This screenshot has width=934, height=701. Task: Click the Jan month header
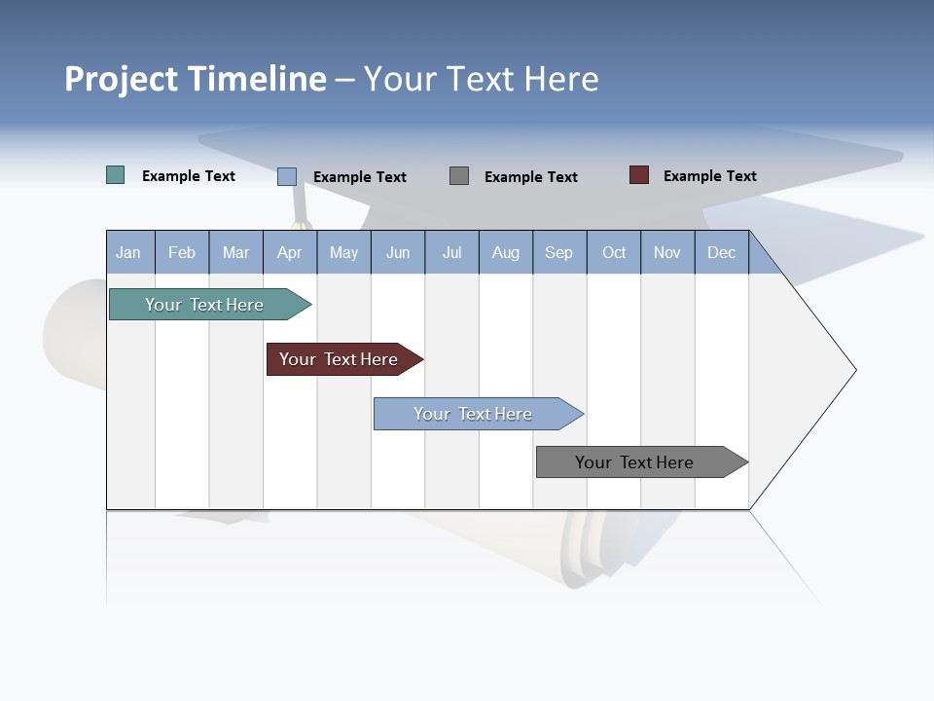129,252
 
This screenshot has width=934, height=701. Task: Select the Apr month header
290,252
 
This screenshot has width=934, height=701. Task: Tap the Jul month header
451,252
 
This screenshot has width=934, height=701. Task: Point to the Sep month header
559,252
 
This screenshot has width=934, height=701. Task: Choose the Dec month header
721,252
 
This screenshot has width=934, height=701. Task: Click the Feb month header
182,252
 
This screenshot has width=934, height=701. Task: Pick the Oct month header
614,252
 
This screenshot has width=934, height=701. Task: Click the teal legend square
116,175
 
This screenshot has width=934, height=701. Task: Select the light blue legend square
287,176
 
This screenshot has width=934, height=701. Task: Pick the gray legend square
459,176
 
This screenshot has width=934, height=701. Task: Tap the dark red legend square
639,175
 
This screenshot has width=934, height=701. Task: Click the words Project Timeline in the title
195,79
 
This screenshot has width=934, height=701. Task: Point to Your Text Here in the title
481,79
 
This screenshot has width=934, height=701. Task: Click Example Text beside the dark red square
709,176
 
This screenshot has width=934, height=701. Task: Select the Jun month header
398,252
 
